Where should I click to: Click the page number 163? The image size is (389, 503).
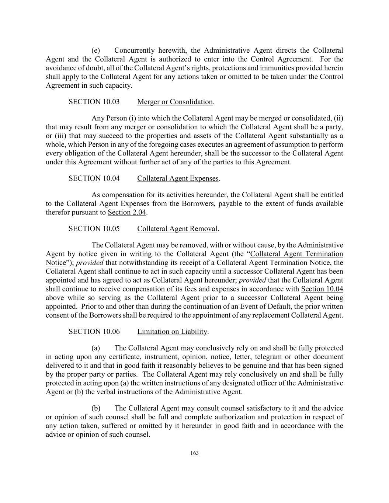(x=195, y=453)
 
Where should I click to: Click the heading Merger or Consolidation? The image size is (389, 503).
(x=175, y=102)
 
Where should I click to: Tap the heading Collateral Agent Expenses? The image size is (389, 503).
(x=178, y=178)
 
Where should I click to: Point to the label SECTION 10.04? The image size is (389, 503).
(x=94, y=178)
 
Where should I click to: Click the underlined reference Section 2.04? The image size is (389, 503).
(x=127, y=212)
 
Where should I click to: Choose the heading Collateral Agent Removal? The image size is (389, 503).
(x=177, y=228)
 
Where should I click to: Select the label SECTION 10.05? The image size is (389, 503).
(x=94, y=228)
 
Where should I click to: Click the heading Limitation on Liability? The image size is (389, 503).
(x=172, y=331)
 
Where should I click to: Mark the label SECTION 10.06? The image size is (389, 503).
(x=94, y=331)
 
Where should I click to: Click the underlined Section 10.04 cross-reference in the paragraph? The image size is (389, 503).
(x=322, y=289)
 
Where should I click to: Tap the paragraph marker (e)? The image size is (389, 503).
(x=95, y=50)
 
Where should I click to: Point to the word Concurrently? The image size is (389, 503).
(x=134, y=50)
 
